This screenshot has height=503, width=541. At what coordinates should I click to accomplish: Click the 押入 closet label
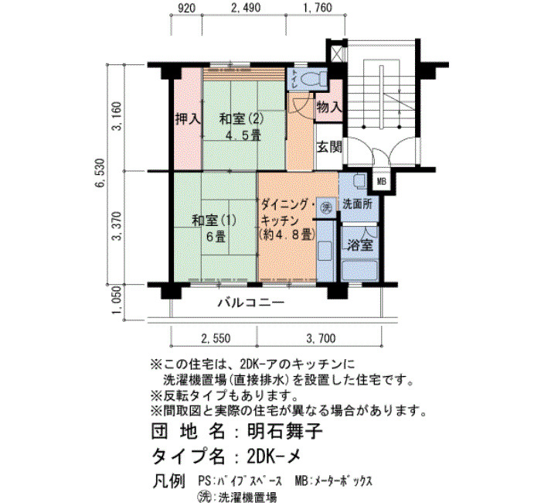tap(188, 119)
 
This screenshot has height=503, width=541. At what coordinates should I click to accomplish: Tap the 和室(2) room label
tap(241, 119)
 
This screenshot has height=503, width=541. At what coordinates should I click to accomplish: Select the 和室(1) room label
tap(214, 220)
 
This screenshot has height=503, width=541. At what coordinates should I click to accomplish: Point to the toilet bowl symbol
tap(310, 79)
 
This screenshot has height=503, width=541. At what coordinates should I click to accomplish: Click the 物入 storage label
tap(329, 107)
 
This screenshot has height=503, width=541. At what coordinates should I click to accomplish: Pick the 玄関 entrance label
tap(329, 148)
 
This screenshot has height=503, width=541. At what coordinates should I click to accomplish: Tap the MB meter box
tap(381, 181)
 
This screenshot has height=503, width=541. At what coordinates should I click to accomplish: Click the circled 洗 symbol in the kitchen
tap(326, 207)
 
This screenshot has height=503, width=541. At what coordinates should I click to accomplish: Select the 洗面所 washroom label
tap(357, 204)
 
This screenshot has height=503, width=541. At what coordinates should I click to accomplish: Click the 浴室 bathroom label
tap(360, 245)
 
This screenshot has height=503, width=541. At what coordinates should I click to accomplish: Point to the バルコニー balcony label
tap(251, 303)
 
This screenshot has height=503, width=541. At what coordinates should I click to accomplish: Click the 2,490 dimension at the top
tap(245, 8)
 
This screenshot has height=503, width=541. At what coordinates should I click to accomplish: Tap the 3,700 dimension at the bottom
tap(321, 338)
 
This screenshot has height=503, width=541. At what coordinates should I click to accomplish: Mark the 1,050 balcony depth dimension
tap(117, 300)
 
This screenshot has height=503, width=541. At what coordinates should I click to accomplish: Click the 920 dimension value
tap(187, 8)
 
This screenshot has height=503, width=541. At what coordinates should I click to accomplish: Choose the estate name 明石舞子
tap(285, 431)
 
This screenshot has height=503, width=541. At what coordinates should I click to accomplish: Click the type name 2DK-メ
tap(274, 457)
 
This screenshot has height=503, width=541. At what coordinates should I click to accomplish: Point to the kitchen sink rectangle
tap(325, 251)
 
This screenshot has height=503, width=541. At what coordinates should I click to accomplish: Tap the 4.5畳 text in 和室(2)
tap(243, 135)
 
